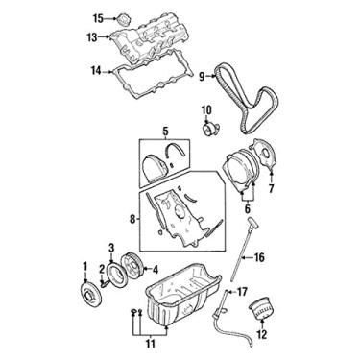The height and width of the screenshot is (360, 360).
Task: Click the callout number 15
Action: point(97,18)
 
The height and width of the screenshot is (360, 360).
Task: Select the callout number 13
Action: point(92,37)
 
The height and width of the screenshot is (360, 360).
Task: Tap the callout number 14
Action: point(95,70)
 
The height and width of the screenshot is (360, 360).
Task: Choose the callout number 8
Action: point(132,218)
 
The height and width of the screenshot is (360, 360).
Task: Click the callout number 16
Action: point(258,258)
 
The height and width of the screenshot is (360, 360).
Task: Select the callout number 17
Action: point(243,291)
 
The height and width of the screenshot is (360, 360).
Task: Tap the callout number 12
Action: point(257,335)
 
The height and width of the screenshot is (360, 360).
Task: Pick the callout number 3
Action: point(111,247)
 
